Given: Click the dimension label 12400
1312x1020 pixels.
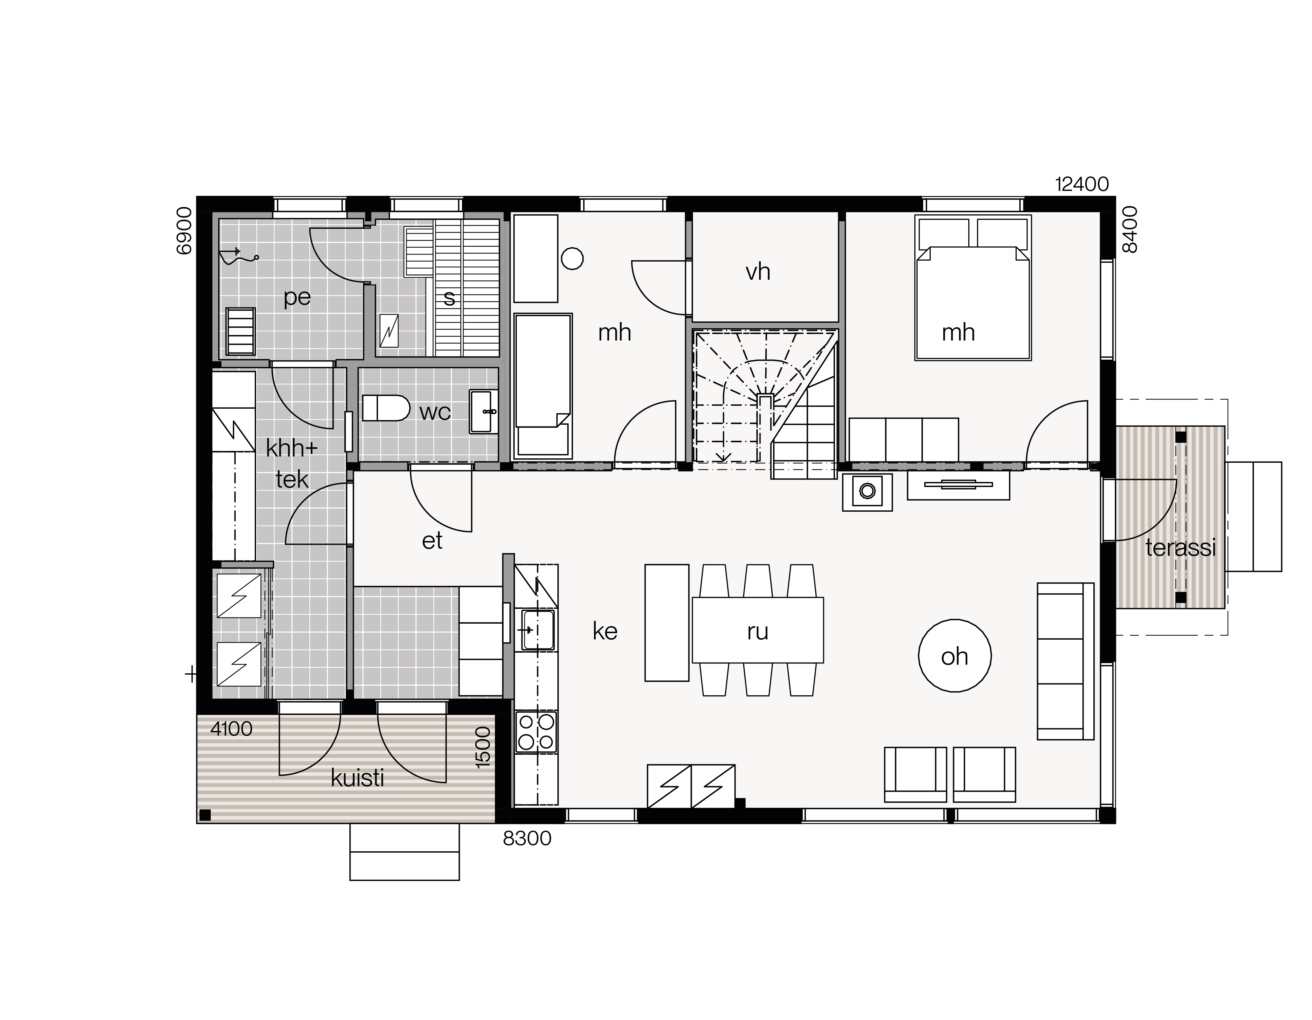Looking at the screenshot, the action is (1082, 184).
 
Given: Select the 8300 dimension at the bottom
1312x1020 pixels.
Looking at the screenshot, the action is (527, 839).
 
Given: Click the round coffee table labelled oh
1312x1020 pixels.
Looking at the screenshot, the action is (955, 656).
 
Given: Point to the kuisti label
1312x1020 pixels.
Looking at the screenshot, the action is (357, 778).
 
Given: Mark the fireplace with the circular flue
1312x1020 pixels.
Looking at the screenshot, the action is (867, 492).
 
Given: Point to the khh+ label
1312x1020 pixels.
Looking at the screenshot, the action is (292, 448).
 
